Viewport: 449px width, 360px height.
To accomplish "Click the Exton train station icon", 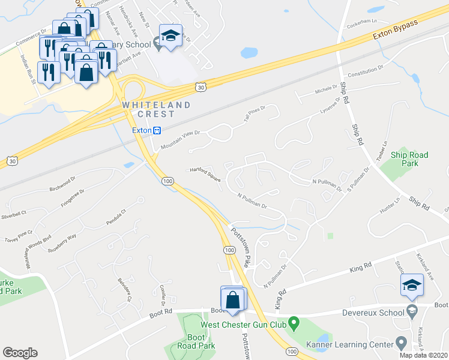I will click(157, 130).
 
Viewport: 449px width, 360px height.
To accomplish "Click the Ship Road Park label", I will click(409, 159).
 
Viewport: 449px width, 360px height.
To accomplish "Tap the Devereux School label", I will click(374, 312).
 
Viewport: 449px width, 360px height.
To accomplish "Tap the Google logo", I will click(20, 353).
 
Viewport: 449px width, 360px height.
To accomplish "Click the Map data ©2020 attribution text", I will click(424, 355).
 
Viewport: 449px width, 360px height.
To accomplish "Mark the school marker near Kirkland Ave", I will click(412, 286).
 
